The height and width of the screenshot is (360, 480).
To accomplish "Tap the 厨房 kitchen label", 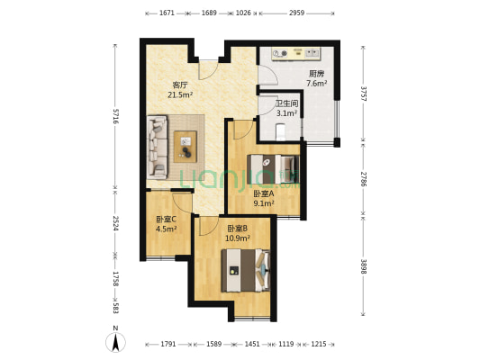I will click(x=316, y=74).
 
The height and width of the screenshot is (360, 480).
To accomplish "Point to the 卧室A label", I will click(x=263, y=193).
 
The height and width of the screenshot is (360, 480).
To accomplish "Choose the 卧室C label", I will click(x=166, y=219).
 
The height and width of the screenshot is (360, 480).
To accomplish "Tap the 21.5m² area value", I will click(x=180, y=94).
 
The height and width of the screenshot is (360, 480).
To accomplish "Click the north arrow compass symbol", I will click(x=116, y=342).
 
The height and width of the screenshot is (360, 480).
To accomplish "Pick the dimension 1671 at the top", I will click(x=166, y=13).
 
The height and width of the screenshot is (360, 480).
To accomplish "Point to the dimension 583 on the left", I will click(x=115, y=309).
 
